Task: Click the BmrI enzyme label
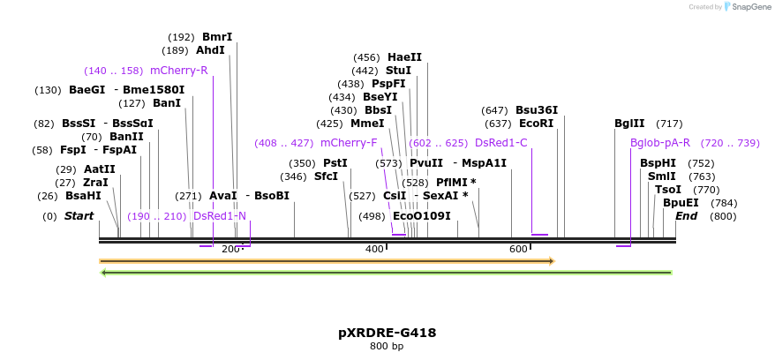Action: pyautogui.click(x=217, y=37)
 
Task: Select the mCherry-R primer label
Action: pyautogui.click(x=178, y=71)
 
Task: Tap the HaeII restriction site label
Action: pyautogui.click(x=404, y=57)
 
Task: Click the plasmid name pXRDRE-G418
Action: pyautogui.click(x=387, y=333)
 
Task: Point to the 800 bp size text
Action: pyautogui.click(x=387, y=346)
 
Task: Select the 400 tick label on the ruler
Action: pyautogui.click(x=374, y=250)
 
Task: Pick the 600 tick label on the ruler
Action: pyautogui.click(x=518, y=250)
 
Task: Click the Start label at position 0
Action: pyautogui.click(x=79, y=216)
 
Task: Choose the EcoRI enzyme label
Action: pyautogui.click(x=536, y=124)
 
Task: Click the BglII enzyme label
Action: pyautogui.click(x=629, y=124)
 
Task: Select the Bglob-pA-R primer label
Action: pyautogui.click(x=659, y=143)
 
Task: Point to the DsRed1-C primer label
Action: pyautogui.click(x=500, y=143)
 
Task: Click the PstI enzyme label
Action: pyautogui.click(x=335, y=163)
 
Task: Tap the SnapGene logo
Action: pyautogui.click(x=747, y=7)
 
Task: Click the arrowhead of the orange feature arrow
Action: pyautogui.click(x=551, y=261)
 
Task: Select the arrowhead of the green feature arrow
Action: pyautogui.click(x=104, y=273)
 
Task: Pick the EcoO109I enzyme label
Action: pyautogui.click(x=421, y=216)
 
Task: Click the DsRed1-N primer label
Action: pyautogui.click(x=219, y=216)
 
